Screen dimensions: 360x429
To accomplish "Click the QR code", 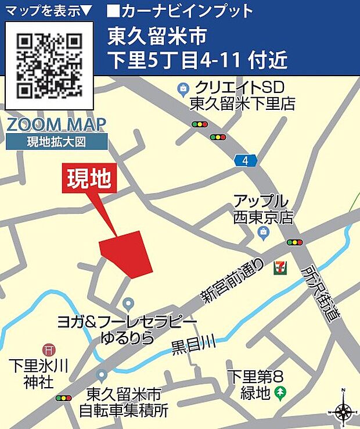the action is pyautogui.click(x=49, y=65).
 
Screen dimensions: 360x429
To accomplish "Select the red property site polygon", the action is pyautogui.click(x=128, y=253).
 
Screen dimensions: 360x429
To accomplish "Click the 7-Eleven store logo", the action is pyautogui.click(x=280, y=266).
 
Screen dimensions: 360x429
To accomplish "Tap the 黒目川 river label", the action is pyautogui.click(x=193, y=345).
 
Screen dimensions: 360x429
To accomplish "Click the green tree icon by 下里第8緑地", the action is pyautogui.click(x=281, y=392).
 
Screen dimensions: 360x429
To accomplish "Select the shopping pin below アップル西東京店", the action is pyautogui.click(x=263, y=233).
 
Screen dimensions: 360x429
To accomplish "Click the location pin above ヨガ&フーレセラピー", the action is pyautogui.click(x=129, y=304).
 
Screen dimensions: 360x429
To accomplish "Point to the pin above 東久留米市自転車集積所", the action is pyautogui.click(x=102, y=376).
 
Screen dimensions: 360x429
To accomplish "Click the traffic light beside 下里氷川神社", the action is pyautogui.click(x=63, y=398).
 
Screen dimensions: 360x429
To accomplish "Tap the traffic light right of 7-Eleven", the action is pyautogui.click(x=295, y=242).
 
